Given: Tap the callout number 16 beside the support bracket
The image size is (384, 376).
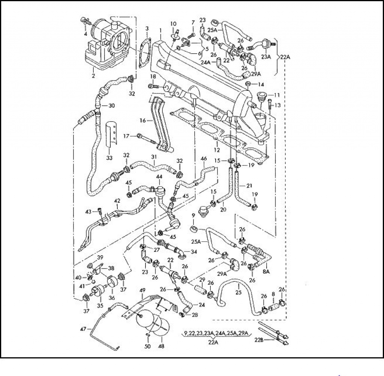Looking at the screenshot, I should coord(142,120).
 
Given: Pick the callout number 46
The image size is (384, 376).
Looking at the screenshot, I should coord(204,159).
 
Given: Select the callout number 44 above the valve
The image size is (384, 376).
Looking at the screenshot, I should coord(159,176).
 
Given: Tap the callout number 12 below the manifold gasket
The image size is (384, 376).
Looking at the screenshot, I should coord(216,150).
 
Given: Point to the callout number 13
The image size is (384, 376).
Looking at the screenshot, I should coord(277,105).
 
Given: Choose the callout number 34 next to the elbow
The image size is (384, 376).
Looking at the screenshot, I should coord(194,252).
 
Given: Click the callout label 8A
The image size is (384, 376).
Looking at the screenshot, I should coord(266,271).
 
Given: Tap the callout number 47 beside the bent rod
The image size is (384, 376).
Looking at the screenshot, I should coord(83,329).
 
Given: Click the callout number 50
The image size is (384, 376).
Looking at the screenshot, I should coord(147,346).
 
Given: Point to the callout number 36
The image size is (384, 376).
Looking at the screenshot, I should coord(112,298).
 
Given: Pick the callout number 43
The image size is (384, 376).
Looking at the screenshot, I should coord(88,212).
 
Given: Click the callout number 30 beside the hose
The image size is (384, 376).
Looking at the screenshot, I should coord(111,105).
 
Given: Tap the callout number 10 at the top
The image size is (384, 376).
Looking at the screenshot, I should coord(173,24).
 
